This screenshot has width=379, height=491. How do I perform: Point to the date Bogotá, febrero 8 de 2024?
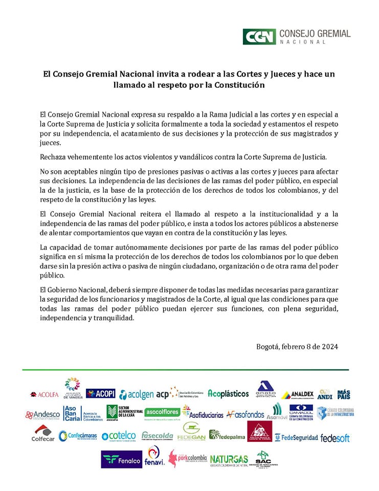tap(297, 346)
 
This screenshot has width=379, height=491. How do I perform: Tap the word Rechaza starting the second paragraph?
tap(55, 157)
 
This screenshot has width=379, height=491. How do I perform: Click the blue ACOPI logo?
tap(100, 393)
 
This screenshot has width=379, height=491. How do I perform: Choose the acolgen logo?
tap(136, 394)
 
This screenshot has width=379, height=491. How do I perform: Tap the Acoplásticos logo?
tap(228, 393)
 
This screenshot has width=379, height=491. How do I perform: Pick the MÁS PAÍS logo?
tap(344, 394)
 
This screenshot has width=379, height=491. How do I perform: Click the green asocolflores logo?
tap(162, 412)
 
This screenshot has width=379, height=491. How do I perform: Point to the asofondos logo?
tap(246, 414)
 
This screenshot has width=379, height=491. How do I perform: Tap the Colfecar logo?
tap(43, 434)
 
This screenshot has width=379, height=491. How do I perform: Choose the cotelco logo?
tap(119, 435)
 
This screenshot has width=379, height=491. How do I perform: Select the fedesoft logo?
tap(335, 438)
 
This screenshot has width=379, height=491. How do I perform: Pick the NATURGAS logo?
tap(229, 459)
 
